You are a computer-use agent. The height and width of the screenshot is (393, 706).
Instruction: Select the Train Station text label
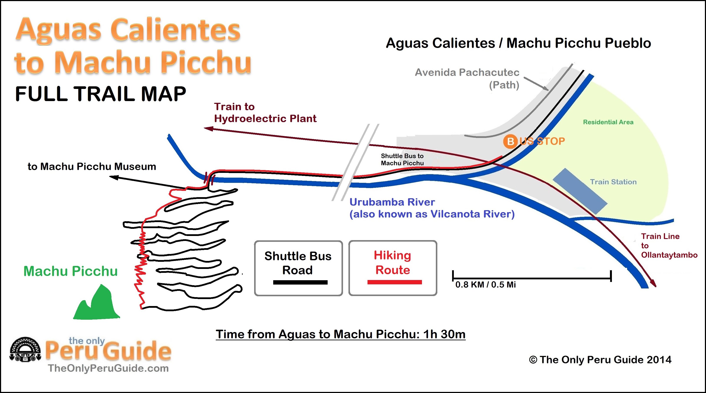tap(613, 182)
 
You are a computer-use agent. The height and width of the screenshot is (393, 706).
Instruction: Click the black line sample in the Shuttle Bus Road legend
tap(300, 282)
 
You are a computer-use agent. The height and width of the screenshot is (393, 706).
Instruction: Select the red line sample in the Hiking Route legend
tap(394, 282)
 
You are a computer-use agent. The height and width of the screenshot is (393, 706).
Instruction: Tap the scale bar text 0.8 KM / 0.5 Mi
tap(485, 285)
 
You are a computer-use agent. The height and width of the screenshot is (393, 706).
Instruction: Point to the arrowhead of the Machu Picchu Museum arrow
tap(114, 177)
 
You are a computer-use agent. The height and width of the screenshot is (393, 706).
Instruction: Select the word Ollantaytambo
tap(669, 255)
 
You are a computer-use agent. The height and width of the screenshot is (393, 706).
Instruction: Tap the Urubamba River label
tap(392, 202)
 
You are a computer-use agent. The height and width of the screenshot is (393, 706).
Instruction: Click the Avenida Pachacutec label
tap(467, 72)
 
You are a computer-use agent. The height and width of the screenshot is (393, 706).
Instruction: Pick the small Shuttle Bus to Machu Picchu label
tap(402, 159)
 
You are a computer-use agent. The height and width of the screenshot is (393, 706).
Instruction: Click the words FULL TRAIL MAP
tap(101, 94)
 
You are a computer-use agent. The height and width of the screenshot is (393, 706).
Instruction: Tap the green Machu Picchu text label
tap(70, 271)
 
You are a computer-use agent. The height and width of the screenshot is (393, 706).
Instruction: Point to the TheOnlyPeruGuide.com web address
tap(108, 368)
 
